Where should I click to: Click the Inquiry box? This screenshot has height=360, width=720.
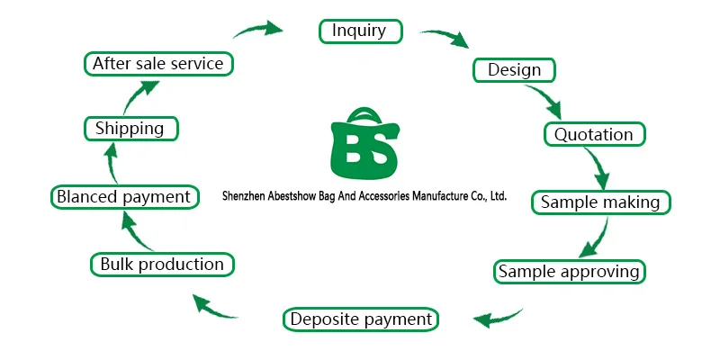tap(358, 31)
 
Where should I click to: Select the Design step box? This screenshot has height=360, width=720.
tap(514, 69)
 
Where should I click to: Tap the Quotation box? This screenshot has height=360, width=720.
tap(593, 135)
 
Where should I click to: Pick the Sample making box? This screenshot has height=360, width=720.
tap(600, 202)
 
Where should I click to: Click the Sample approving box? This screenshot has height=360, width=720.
tap(569, 271)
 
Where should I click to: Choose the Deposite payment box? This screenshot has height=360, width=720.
tap(361, 319)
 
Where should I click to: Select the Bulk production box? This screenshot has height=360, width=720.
tap(162, 265)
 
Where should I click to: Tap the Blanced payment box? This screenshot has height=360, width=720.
tap(122, 196)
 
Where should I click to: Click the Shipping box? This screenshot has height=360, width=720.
tap(130, 129)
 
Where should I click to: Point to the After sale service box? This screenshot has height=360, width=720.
tap(158, 64)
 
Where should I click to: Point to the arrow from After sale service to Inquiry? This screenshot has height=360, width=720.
tap(260, 27)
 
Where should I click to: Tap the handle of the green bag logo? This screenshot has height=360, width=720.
tap(364, 112)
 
